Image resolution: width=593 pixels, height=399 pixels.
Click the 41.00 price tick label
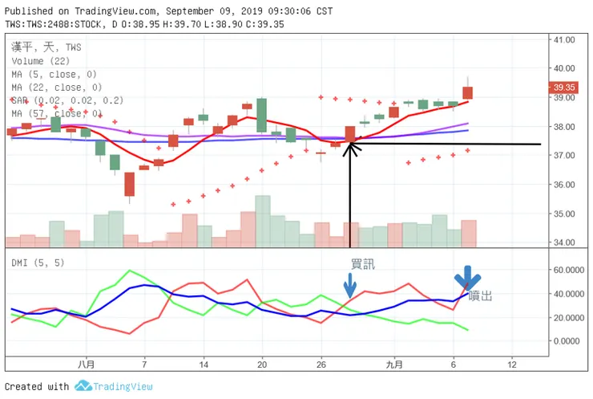pos(564,39)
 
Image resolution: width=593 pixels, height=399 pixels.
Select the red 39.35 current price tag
pos(564,88)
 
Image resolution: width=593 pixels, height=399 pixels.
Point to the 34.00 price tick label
pos(564,242)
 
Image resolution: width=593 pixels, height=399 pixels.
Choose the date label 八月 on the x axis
pos(86,364)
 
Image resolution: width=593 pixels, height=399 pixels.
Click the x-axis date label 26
pos(321,364)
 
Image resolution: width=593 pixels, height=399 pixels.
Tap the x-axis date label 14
pos(204,364)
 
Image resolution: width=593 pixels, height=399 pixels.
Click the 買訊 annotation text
pos(362,263)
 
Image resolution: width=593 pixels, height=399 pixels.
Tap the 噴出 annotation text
pos(480,295)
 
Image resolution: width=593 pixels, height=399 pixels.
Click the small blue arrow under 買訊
pos(349,286)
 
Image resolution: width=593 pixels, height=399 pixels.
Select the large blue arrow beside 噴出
pos(463,278)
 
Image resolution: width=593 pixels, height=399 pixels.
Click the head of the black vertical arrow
pos(350,147)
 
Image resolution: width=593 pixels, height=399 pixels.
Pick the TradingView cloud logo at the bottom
pos(83,386)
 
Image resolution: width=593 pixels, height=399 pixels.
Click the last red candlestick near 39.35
pos(468,93)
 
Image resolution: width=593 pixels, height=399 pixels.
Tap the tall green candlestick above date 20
pos(261,115)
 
